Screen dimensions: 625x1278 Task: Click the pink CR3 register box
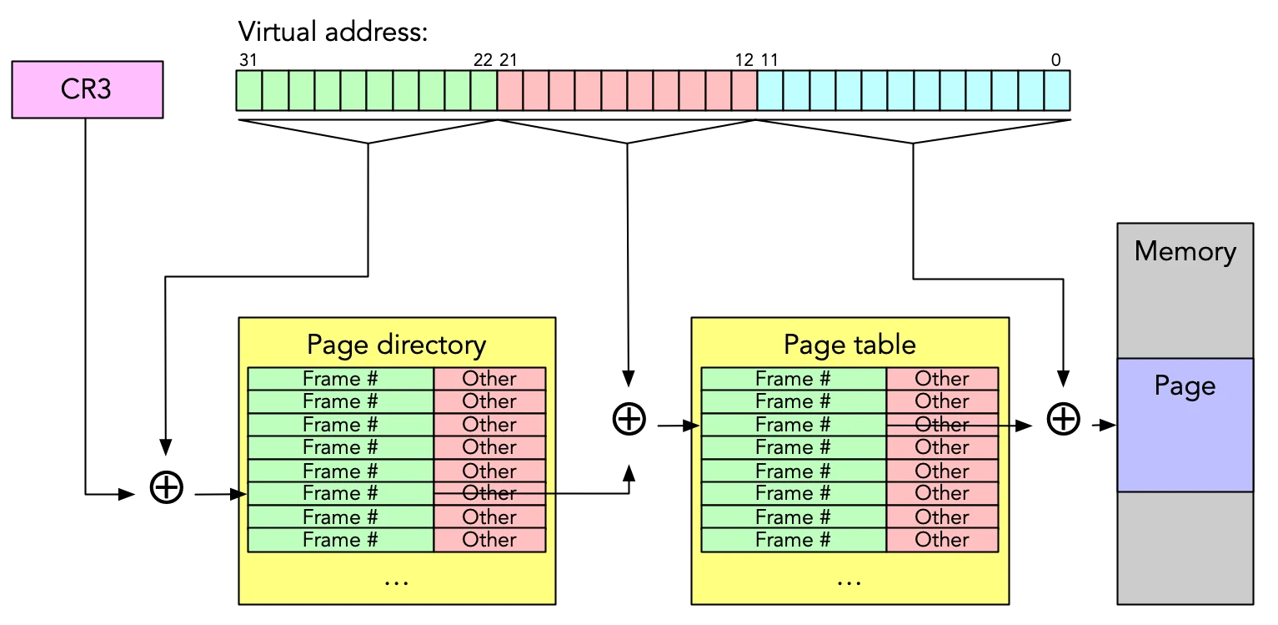coord(87,89)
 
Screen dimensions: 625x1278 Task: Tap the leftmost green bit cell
coord(248,90)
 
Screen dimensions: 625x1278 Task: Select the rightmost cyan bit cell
coord(1056,90)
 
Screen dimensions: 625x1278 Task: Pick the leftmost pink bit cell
coord(510,90)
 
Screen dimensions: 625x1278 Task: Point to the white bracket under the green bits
coord(368,132)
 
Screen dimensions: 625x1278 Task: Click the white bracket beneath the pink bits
coord(627,132)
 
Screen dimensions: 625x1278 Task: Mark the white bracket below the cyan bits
coord(913,132)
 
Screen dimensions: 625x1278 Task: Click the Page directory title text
coord(396,345)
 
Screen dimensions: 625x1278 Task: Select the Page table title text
coord(849,345)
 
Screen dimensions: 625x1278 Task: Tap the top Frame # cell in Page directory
coord(340,379)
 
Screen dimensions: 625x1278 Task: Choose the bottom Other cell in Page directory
coord(489,540)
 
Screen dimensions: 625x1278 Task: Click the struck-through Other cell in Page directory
coord(489,493)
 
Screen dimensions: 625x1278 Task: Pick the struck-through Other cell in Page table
coord(942,425)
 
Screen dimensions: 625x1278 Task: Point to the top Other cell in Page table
coord(942,379)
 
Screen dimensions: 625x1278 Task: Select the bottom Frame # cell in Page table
coord(793,540)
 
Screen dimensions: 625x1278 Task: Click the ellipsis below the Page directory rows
coord(396,581)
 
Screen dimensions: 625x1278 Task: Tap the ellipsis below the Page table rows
coord(849,581)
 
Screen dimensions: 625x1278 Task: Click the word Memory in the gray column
coord(1185,251)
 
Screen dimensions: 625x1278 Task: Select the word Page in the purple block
coord(1185,386)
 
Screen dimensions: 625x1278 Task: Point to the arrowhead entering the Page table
coord(694,426)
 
